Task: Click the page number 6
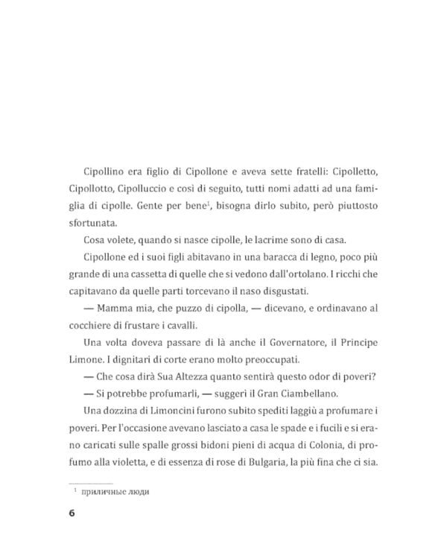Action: [x=71, y=514]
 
